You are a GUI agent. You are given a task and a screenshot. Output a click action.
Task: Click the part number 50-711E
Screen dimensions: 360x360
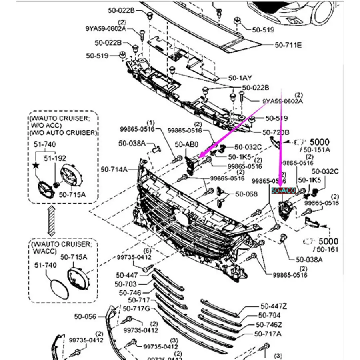(288, 45)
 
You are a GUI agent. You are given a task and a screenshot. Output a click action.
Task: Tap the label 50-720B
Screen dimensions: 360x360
(276, 132)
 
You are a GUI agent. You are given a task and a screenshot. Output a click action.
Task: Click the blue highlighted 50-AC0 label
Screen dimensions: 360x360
(283, 191)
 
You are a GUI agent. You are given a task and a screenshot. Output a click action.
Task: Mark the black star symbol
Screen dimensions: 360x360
(36, 165)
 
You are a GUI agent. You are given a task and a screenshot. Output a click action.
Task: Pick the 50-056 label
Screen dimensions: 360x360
(85, 316)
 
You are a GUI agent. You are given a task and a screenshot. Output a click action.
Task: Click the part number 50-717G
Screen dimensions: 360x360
(136, 308)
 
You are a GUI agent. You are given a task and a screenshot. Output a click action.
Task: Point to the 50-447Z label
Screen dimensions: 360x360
(274, 306)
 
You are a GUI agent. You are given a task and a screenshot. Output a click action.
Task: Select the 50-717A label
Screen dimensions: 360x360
(268, 334)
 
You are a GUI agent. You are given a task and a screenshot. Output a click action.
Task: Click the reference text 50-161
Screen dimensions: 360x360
(324, 250)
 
